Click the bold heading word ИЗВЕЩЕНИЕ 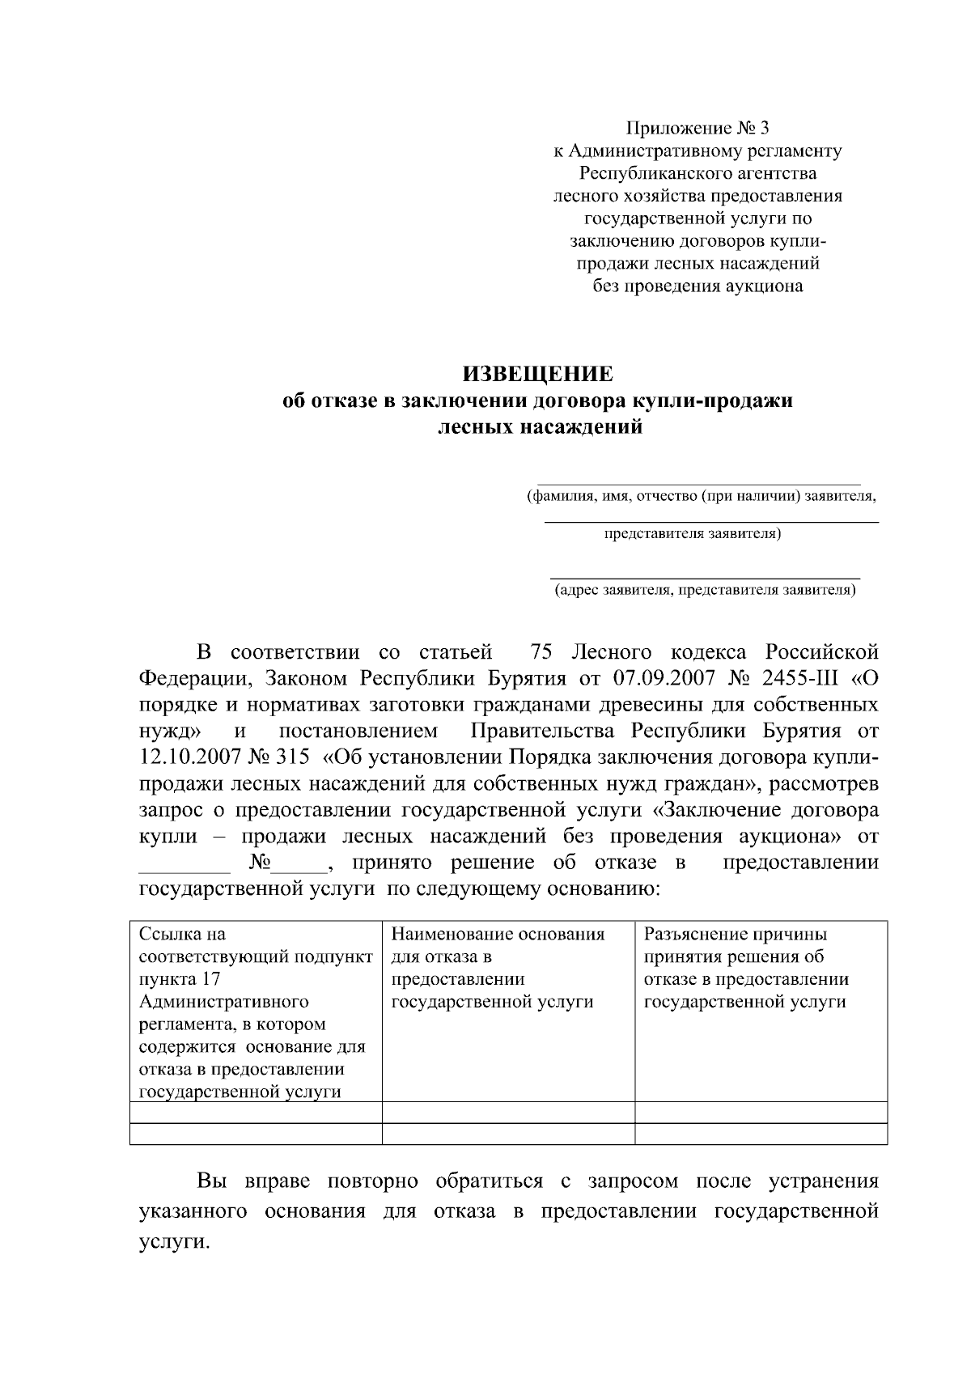point(537,375)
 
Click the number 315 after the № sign point(292,757)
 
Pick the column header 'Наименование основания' point(498,935)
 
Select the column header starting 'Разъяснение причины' point(735,935)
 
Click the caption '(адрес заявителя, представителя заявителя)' point(704,590)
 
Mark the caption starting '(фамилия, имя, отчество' point(701,496)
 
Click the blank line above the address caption point(704,577)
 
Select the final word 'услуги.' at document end point(173,1242)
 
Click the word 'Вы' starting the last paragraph point(212,1181)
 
